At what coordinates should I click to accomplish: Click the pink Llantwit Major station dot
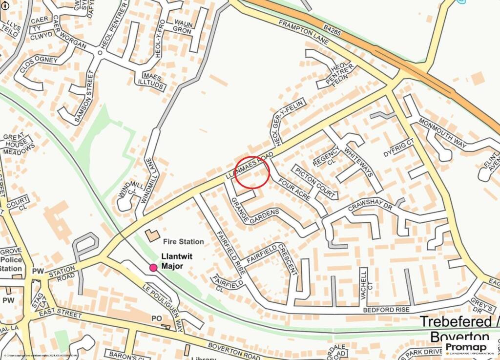[153, 267]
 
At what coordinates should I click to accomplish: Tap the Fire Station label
[184, 241]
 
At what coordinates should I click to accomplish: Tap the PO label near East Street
[157, 318]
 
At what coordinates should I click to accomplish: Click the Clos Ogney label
[39, 66]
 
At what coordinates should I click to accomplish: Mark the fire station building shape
[152, 235]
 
